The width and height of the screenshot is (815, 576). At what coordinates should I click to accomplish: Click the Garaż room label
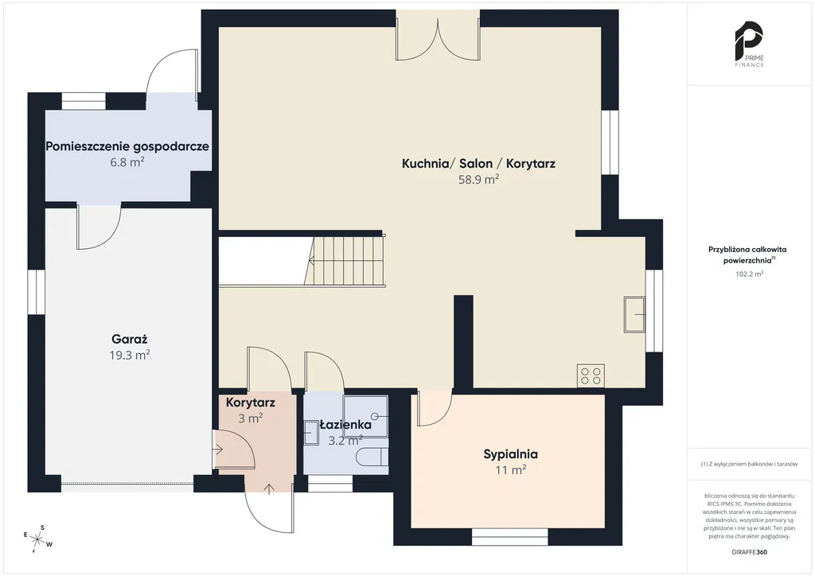(x=130, y=340)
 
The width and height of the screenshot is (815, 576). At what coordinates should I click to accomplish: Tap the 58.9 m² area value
(x=478, y=180)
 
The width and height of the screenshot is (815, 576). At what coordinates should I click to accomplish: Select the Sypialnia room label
(x=510, y=454)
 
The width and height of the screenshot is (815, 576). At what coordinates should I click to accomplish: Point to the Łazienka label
(x=345, y=424)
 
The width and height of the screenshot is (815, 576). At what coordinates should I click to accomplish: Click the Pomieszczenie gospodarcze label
(x=127, y=146)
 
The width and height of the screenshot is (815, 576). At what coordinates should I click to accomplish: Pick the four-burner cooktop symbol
(x=591, y=376)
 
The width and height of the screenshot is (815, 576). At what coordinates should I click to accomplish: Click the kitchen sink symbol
(x=634, y=313)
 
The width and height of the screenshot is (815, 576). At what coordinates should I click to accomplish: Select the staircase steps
(x=345, y=260)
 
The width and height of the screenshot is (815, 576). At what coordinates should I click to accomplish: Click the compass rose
(x=37, y=539)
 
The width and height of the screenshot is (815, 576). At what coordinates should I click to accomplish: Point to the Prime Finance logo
(x=749, y=44)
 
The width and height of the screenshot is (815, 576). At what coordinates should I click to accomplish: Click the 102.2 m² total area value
(x=749, y=274)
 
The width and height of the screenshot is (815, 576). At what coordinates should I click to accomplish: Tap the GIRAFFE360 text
(x=749, y=552)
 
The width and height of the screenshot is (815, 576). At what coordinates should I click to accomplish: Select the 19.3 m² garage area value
(x=130, y=356)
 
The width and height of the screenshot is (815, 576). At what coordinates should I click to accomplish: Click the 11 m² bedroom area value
(x=510, y=470)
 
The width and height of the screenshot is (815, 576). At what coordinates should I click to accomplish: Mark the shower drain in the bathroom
(x=375, y=416)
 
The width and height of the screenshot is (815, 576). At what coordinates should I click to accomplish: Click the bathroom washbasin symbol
(x=311, y=433)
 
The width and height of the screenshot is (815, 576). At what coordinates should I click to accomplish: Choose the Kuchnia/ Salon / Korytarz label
(x=478, y=164)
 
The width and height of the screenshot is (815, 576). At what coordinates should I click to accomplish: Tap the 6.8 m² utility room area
(x=127, y=162)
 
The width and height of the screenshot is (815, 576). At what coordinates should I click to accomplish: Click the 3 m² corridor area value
(x=250, y=418)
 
